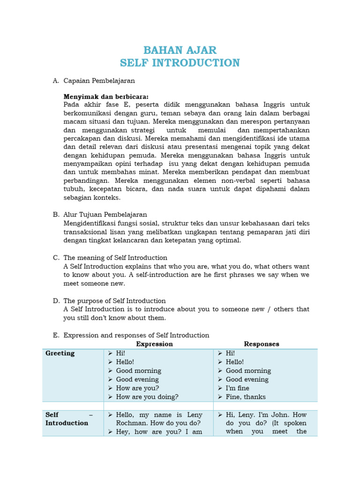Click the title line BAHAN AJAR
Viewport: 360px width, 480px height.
(x=180, y=50)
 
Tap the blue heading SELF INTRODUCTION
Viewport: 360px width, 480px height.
(x=180, y=63)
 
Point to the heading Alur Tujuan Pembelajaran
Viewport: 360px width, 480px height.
(x=105, y=215)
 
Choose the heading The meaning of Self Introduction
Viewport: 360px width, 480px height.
(x=115, y=258)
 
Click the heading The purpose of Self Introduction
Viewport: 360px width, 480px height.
(x=114, y=301)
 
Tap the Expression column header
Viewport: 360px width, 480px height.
(x=154, y=344)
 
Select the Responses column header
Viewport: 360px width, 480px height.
(x=261, y=344)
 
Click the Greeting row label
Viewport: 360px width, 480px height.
(x=60, y=353)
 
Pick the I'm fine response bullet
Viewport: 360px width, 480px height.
(x=237, y=388)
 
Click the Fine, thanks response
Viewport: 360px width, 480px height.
(x=245, y=397)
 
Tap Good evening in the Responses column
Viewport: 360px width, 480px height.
(x=247, y=380)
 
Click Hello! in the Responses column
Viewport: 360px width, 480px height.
(x=235, y=362)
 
